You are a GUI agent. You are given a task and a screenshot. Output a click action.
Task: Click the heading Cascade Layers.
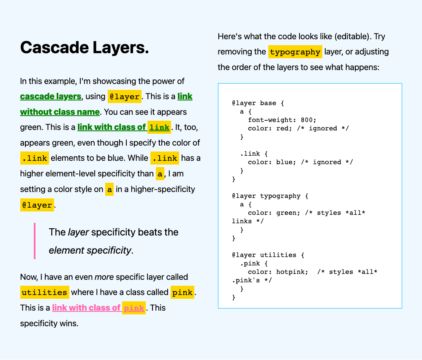84,48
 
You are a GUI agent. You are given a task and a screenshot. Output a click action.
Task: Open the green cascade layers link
51,96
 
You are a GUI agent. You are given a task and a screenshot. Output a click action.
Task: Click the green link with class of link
124,127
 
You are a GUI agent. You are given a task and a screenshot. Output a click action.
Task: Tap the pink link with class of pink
98,308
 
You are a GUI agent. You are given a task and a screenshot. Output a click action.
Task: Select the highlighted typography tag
295,52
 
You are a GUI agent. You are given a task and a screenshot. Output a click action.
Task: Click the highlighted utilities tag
44,292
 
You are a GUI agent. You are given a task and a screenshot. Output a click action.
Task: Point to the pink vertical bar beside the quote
35,241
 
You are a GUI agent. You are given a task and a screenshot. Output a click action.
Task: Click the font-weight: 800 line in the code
282,120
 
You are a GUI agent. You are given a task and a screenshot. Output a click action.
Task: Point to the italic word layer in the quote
78,232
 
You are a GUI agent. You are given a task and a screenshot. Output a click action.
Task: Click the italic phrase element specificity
90,250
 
